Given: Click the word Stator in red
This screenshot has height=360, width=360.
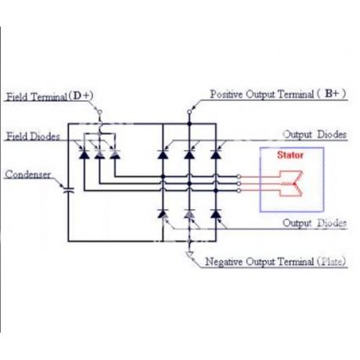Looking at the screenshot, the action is point(290,155).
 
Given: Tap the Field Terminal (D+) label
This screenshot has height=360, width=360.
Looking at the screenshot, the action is point(49,96).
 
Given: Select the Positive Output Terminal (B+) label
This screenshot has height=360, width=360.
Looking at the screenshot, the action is point(278,94).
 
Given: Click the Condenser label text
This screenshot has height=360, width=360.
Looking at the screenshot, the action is point(28,175).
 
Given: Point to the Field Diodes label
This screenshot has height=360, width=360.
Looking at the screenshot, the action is point(33,136).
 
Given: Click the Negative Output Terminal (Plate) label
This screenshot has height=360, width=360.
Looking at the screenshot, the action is point(275,261).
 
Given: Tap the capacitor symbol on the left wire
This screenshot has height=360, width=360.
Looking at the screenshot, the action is point(69,190).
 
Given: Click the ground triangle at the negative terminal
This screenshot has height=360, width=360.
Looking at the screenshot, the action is point(189,254).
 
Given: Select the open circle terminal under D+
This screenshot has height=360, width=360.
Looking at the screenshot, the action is point(99,112).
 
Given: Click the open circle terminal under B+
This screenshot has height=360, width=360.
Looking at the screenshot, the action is point(189,112).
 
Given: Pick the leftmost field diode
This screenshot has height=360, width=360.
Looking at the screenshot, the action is point(84,154).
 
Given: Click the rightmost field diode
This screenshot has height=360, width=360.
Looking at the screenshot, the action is point(115,154).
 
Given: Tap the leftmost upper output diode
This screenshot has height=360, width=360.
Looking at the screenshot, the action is point(163,154).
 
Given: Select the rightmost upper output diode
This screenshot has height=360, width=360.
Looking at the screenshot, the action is point(216,154).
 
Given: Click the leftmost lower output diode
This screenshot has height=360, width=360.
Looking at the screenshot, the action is point(163,214).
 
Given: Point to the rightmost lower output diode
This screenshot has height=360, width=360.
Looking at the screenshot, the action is point(216,214).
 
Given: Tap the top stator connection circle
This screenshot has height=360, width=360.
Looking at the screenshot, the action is point(239,177).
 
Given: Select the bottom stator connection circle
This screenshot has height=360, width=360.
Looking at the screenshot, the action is point(239,191).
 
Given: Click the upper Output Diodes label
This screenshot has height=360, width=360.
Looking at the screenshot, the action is point(315,135).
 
